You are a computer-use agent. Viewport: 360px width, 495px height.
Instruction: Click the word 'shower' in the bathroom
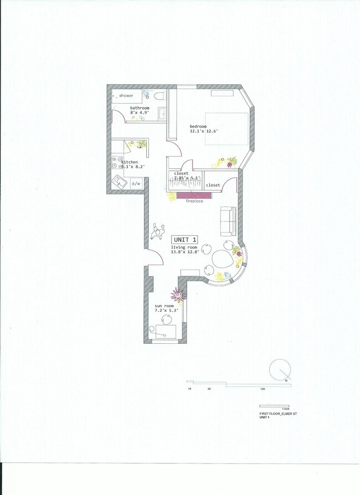coord(126,96)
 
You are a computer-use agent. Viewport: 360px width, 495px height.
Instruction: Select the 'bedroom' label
coord(199,126)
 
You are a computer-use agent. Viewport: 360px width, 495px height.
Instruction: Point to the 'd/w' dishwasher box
coord(136,183)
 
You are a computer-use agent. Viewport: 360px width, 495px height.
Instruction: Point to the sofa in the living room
coord(228,220)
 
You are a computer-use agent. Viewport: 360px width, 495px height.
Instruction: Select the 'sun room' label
coord(164,306)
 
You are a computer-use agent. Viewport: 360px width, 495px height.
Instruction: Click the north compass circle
coord(281,370)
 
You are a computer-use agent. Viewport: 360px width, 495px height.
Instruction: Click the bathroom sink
coord(162,114)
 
